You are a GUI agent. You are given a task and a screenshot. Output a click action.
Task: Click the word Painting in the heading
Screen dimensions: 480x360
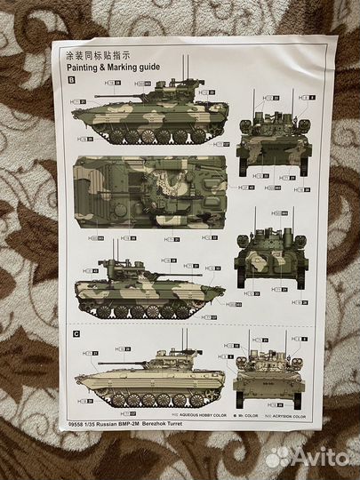[x=84, y=66]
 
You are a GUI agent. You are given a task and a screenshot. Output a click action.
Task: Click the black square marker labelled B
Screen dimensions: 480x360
[x=71, y=79]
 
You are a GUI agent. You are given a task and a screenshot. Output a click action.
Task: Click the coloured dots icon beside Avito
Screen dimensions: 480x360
[x=278, y=457]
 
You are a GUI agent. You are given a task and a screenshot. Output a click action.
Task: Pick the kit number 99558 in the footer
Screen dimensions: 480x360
[x=75, y=420]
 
